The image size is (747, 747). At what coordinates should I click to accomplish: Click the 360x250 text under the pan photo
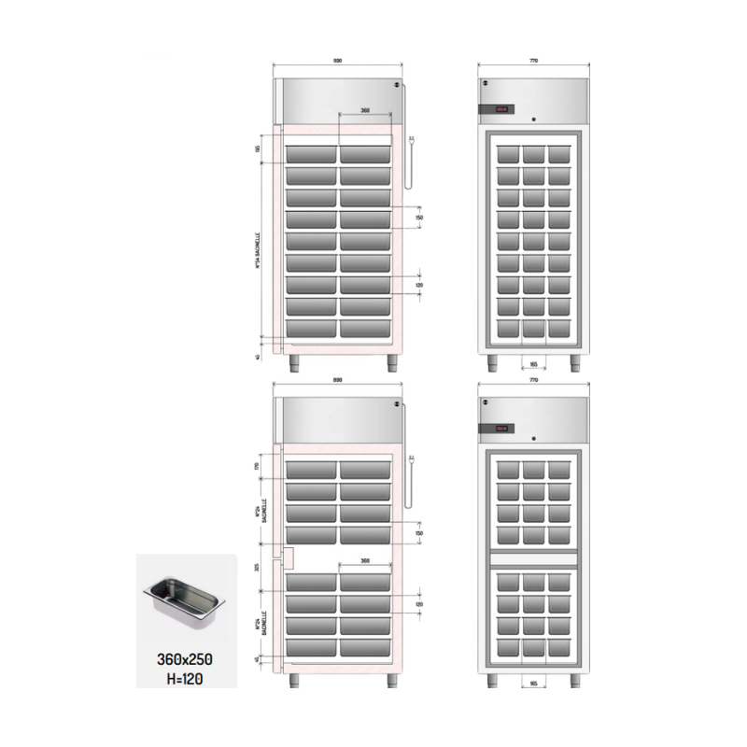coord(185,659)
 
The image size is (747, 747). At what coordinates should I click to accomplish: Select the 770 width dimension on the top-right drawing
coord(534,61)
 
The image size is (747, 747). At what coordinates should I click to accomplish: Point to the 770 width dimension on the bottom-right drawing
coord(534,382)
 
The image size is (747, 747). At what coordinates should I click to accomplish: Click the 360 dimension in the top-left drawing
coord(365,111)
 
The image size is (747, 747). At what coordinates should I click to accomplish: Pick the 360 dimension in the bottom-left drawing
coord(365,562)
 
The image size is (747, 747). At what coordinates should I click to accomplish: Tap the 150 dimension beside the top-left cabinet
coord(419,217)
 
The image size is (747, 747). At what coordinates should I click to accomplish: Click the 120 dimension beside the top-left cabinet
coord(419,285)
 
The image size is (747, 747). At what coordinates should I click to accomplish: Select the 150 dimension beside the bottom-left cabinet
coord(419,533)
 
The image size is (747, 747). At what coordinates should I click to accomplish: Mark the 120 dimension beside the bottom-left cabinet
coord(419,604)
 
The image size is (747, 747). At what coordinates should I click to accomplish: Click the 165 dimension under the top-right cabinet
coord(534,365)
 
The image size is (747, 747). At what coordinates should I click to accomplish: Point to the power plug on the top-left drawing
coord(412,142)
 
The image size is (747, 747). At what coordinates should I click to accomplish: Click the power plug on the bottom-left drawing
coord(412,459)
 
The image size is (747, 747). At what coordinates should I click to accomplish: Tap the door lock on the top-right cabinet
coord(534,120)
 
